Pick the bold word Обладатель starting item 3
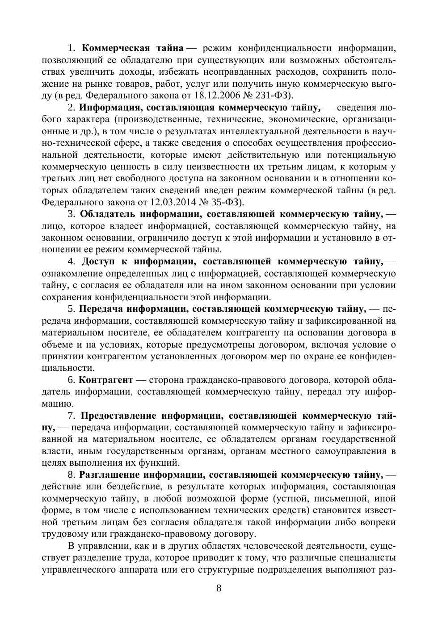(x=107, y=214)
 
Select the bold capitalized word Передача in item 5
(x=101, y=309)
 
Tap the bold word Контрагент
(x=105, y=380)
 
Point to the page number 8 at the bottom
(x=219, y=588)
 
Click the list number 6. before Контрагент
(x=72, y=380)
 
